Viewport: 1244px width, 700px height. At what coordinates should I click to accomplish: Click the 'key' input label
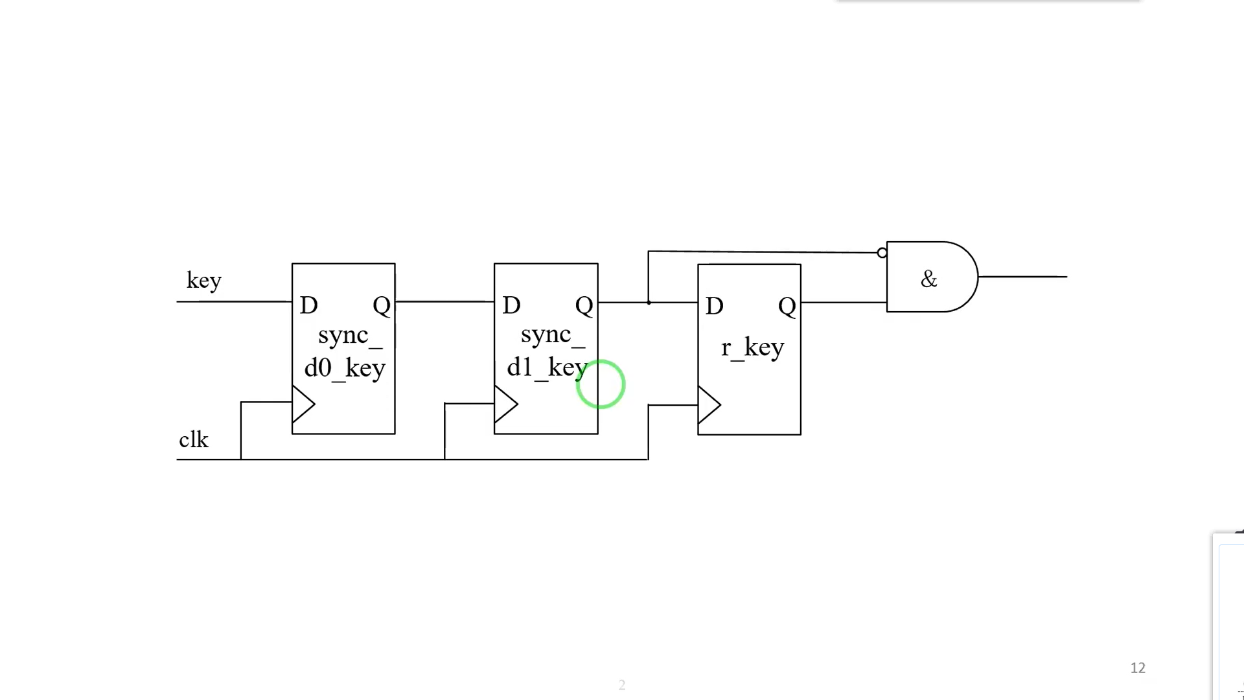204,281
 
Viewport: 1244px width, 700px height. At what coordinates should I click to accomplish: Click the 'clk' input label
193,440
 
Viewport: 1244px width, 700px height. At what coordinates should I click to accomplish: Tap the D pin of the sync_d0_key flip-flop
309,305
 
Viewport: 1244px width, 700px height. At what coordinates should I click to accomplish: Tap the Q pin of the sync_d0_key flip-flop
382,305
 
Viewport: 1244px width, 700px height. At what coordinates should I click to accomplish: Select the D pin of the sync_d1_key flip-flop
511,305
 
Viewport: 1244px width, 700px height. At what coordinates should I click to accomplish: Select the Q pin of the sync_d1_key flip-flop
584,305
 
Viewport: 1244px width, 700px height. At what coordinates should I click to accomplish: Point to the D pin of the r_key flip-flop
714,306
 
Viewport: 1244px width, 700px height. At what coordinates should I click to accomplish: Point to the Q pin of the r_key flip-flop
787,306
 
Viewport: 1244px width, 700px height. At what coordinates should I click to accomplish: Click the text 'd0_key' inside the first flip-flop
345,368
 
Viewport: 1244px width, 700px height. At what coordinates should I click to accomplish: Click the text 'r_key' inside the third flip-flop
752,348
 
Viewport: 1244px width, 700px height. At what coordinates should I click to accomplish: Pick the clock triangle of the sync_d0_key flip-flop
303,404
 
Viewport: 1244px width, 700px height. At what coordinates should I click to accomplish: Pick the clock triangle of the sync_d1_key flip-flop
505,405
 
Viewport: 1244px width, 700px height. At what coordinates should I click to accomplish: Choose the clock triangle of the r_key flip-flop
708,406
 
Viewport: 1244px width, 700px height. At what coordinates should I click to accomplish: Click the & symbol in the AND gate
928,279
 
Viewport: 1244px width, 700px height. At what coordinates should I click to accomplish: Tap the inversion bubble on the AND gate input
882,253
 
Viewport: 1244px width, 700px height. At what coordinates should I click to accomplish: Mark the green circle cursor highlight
601,384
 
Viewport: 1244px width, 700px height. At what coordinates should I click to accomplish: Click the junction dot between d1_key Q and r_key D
649,302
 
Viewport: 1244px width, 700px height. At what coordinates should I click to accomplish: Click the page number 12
1138,668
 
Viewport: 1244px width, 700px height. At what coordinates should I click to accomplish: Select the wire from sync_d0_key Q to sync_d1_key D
444,301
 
